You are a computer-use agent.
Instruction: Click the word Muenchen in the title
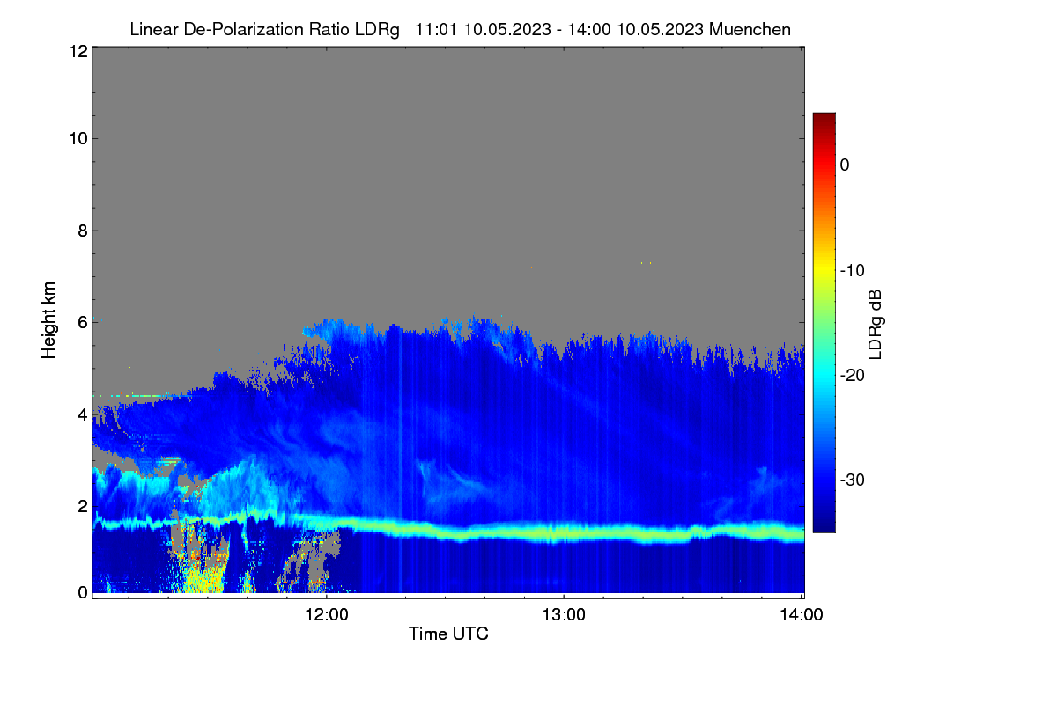[x=750, y=30]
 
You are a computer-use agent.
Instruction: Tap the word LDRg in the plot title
[x=377, y=30]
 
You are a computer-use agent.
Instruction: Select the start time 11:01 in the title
[x=435, y=30]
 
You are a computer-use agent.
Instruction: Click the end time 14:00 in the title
[x=588, y=30]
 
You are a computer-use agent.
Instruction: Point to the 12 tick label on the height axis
[x=78, y=51]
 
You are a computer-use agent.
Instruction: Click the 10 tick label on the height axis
[x=78, y=139]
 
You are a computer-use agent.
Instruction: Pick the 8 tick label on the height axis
[x=83, y=231]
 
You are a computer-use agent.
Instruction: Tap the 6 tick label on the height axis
[x=83, y=323]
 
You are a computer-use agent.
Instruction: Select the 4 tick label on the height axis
[x=83, y=415]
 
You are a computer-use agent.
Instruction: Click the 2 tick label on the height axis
[x=83, y=506]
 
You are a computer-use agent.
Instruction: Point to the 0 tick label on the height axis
[x=83, y=592]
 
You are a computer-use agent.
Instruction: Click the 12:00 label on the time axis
[x=327, y=615]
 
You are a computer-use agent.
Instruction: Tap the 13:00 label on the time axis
[x=564, y=615]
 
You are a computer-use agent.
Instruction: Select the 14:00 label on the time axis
[x=802, y=615]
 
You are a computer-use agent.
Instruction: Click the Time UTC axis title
[x=448, y=634]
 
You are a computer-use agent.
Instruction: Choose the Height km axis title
[x=48, y=320]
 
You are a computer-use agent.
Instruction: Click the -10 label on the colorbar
[x=853, y=271]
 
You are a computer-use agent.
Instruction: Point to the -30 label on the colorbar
[x=853, y=480]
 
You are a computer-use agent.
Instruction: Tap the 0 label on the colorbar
[x=845, y=165]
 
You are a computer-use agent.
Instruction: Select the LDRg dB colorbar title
[x=876, y=325]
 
